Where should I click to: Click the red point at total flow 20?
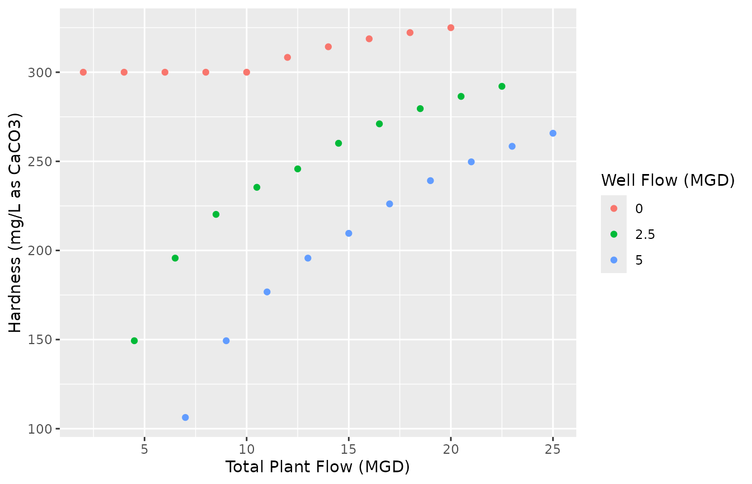(450, 28)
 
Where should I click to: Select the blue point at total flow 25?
(553, 133)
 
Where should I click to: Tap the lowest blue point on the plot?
(185, 417)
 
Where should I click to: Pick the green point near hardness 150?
(134, 341)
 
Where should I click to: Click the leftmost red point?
(83, 72)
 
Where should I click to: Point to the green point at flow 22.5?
(502, 86)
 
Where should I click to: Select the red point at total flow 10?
(247, 72)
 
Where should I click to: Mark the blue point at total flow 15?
(349, 233)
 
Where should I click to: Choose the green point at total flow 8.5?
(216, 214)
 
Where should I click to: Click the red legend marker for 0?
(614, 208)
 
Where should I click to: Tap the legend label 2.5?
(645, 234)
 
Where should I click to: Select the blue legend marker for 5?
(614, 260)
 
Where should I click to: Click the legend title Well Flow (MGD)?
(668, 180)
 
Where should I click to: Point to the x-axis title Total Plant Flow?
(317, 467)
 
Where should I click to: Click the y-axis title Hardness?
(15, 223)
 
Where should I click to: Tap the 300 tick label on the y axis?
(43, 72)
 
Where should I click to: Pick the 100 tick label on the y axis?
(43, 429)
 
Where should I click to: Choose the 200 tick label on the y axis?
(43, 251)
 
